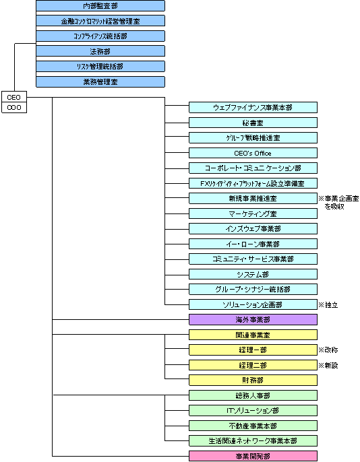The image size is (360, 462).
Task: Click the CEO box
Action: coord(13,97)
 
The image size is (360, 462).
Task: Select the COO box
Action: coord(13,107)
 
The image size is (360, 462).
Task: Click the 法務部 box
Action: coord(100,51)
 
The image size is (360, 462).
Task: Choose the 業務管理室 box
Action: coord(100,81)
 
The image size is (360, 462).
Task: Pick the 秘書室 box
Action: coord(253,123)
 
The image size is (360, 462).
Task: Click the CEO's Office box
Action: coord(253,153)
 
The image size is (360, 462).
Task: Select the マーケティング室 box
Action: coord(253,213)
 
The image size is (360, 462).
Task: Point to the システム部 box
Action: coord(253,274)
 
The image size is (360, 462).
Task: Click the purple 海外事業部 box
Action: coord(253,319)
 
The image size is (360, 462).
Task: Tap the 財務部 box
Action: coord(253,380)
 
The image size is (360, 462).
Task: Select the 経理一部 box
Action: coord(253,350)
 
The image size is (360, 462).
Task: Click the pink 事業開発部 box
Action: coord(253,456)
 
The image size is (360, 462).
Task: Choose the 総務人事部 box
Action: coord(253,395)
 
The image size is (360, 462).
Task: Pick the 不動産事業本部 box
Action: coord(253,426)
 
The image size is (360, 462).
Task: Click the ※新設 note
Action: coord(328,365)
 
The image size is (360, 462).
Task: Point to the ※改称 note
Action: coord(328,350)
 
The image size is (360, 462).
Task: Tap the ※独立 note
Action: coord(328,304)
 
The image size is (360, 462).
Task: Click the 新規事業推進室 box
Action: coord(253,199)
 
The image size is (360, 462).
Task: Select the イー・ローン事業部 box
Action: coord(253,244)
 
